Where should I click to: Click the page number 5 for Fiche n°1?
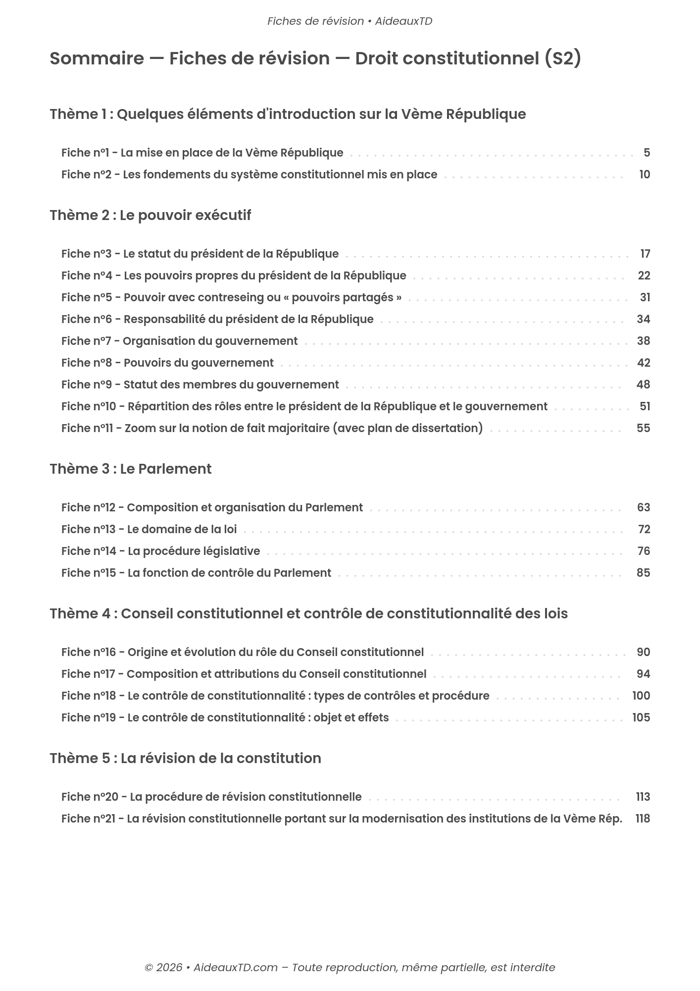click(x=647, y=153)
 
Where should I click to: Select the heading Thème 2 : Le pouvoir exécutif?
click(x=150, y=216)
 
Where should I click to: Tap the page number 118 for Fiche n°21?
click(x=643, y=819)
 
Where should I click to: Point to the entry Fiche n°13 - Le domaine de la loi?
click(x=149, y=529)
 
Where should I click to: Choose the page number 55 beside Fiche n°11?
click(x=643, y=428)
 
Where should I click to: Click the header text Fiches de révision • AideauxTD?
click(x=350, y=21)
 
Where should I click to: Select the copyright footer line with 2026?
click(x=350, y=968)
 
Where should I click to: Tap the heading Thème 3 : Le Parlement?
click(x=131, y=469)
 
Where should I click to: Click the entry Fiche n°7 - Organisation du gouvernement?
click(x=179, y=341)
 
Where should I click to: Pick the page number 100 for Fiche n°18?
click(x=641, y=696)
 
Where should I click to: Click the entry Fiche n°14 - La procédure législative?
click(x=160, y=551)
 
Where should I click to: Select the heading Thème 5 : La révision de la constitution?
click(x=185, y=759)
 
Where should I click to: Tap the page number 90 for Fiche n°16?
click(x=643, y=652)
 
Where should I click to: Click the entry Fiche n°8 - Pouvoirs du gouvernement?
click(x=167, y=363)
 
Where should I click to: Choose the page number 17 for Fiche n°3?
click(x=645, y=254)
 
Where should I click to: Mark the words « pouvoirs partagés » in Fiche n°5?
click(x=343, y=297)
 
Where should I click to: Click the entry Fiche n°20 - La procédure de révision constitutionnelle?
click(x=211, y=797)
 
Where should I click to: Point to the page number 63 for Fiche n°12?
click(x=644, y=507)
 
